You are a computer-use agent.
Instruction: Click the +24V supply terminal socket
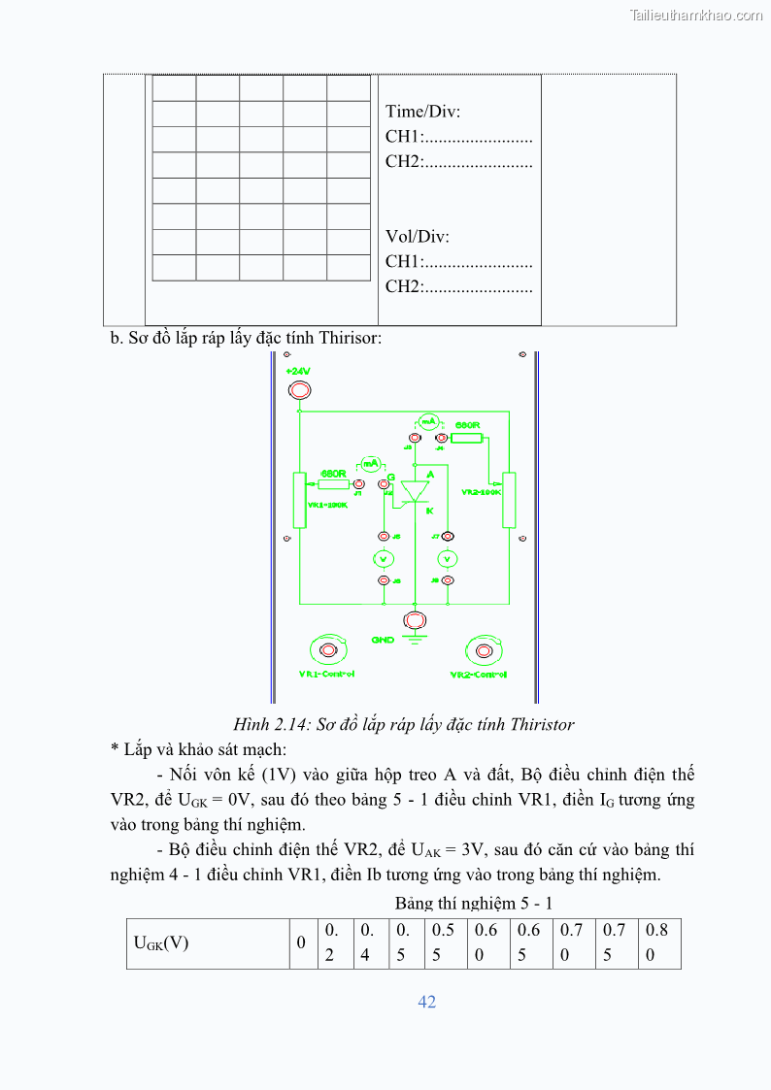pos(300,390)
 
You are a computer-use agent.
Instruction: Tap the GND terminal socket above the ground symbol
pos(415,619)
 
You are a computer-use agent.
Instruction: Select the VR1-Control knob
pos(328,649)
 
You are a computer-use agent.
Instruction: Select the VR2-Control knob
pos(480,649)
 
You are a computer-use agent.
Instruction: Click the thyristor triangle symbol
pos(416,491)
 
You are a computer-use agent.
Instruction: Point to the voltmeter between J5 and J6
pos(384,558)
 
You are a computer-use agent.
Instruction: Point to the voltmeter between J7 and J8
pos(448,558)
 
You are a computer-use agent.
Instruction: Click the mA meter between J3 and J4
pos(428,421)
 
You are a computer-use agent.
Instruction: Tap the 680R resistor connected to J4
pos(467,438)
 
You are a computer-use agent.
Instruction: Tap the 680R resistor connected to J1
pos(333,483)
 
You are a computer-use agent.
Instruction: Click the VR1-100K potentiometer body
pos(300,501)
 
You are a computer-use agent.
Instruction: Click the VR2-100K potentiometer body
pos(509,501)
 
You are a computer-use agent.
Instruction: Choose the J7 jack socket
pos(448,536)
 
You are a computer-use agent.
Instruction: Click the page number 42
pos(427,1002)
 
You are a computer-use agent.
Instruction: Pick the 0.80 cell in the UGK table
pos(658,942)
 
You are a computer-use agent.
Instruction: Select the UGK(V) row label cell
pos(209,942)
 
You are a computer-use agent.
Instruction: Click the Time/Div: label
pos(422,112)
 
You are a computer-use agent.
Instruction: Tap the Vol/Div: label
pos(418,237)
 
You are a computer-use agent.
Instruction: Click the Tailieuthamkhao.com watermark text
pos(696,15)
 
